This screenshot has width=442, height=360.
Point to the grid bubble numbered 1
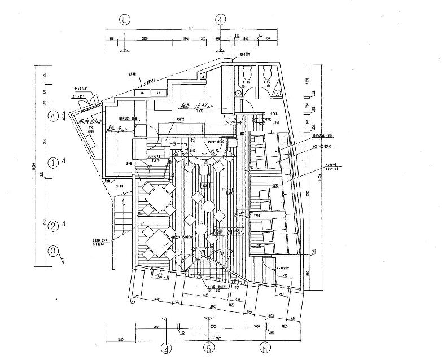(x=52, y=164)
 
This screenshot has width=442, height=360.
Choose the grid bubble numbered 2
(x=52, y=226)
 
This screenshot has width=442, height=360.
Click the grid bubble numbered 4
(x=165, y=348)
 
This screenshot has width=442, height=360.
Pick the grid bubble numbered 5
(x=208, y=348)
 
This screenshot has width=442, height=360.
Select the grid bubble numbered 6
(x=264, y=348)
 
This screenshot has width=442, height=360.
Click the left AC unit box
(x=143, y=93)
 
